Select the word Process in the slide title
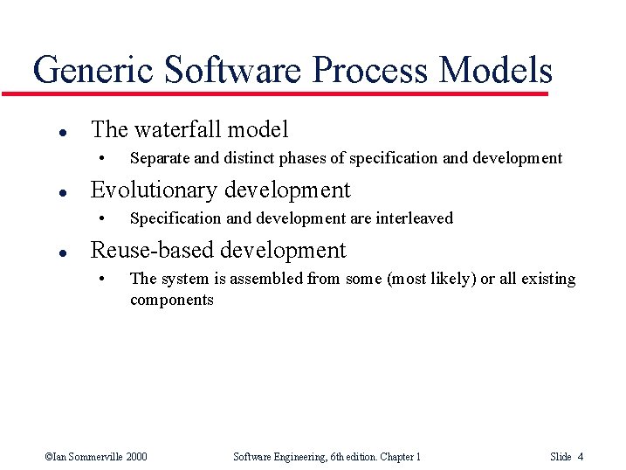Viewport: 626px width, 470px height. coord(363,70)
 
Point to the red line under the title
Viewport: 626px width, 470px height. coord(288,93)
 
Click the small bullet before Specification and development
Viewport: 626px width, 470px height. coord(102,218)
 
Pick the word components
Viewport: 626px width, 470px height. coord(172,300)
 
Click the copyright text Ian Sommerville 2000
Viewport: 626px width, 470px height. coord(96,457)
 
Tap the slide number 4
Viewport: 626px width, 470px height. coord(581,457)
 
